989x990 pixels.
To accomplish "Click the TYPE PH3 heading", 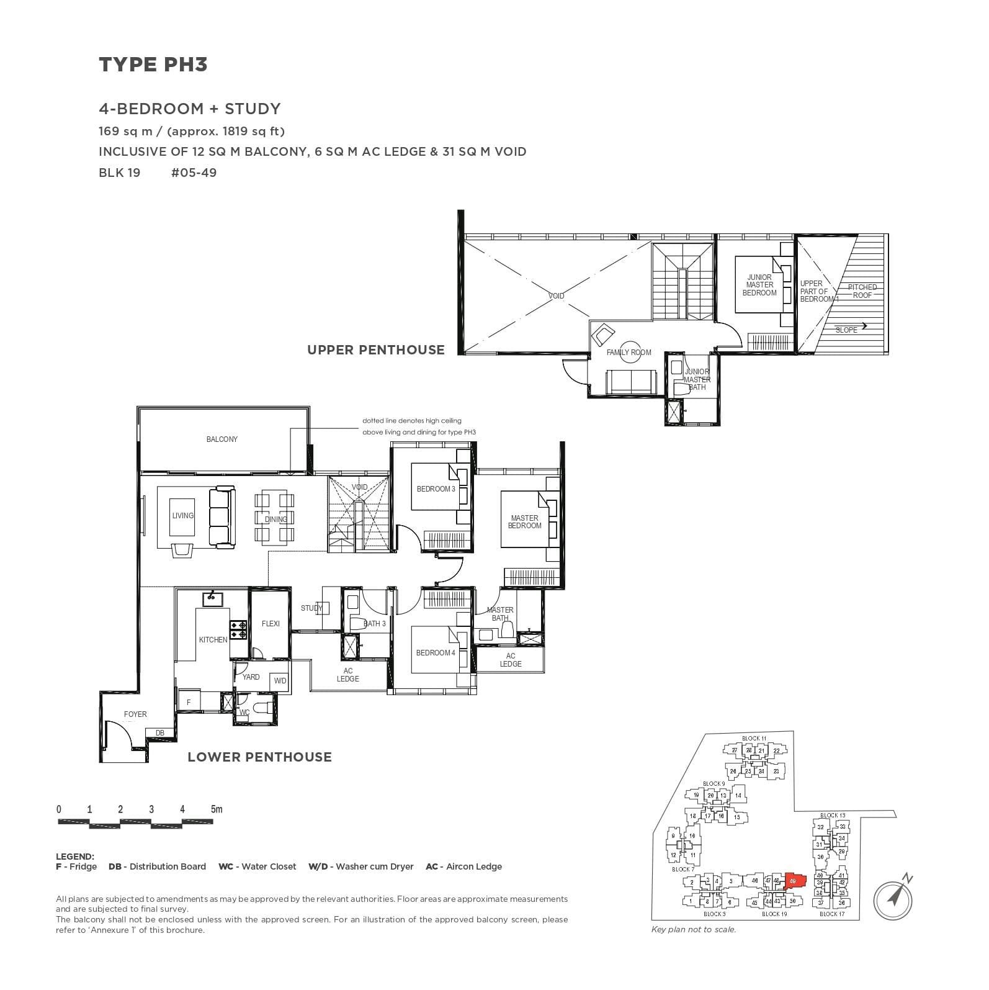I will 153,65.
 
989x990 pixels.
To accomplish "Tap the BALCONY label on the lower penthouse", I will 222,439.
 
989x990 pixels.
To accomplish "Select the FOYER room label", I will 135,714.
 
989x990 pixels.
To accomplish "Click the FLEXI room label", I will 271,624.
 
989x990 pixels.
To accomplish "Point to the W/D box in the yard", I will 280,681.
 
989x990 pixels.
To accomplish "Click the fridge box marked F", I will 189,702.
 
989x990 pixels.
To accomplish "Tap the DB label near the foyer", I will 160,733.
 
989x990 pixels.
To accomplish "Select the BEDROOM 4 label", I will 436,653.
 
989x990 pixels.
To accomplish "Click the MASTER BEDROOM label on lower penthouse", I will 524,522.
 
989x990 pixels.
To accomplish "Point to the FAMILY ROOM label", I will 629,353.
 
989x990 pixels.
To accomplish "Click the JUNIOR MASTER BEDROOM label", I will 759,286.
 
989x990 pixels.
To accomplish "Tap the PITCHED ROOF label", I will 862,291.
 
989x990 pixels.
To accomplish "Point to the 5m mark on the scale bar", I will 216,809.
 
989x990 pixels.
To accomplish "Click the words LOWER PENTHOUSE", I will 259,757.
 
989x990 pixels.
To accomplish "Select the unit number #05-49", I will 194,173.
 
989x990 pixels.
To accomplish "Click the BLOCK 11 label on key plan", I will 754,739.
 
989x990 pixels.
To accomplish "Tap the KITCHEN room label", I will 213,640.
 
